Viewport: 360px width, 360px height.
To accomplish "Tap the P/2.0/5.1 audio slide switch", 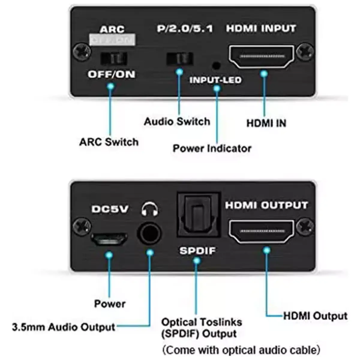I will (x=179, y=58).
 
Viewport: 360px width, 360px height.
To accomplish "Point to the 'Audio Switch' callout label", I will (x=177, y=121).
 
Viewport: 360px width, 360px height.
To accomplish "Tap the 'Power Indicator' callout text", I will (x=212, y=148).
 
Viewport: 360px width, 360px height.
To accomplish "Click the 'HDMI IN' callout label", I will (x=266, y=123).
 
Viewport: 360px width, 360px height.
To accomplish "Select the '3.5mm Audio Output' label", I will (x=64, y=327).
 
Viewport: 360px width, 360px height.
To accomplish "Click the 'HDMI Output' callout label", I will (x=315, y=316).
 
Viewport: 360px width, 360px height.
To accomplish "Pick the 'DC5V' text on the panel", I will (x=109, y=209).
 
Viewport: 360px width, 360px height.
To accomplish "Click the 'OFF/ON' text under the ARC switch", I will (x=111, y=74).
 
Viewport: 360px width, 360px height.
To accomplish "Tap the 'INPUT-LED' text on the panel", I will (x=215, y=80).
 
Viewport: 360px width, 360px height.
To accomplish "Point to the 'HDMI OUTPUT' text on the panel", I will (x=266, y=205).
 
